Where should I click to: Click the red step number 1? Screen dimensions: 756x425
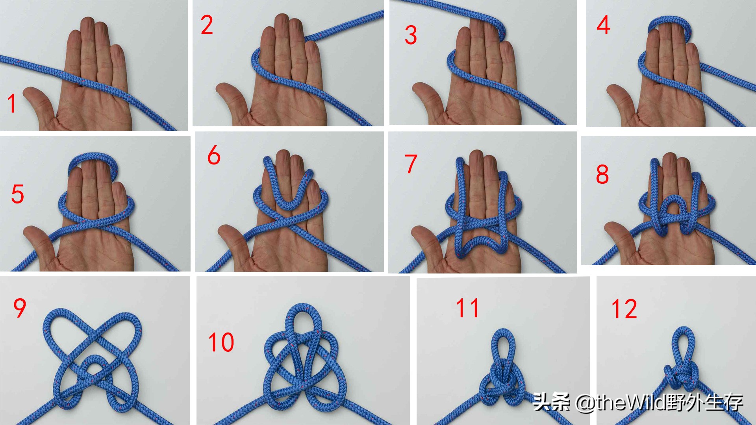point(12,103)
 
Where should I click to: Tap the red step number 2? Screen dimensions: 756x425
point(207,25)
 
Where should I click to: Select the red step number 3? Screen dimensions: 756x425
point(411,35)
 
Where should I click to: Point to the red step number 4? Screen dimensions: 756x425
point(604,25)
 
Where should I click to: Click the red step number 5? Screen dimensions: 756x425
point(18,194)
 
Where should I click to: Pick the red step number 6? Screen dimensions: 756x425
point(214,155)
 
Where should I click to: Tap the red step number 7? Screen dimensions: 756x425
point(411,164)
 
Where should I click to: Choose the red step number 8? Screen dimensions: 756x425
point(602,174)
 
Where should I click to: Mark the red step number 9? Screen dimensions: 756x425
point(20,308)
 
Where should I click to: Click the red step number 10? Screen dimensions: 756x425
point(221,342)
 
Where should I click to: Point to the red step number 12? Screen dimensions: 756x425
point(624,309)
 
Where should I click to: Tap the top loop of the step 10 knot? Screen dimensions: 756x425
point(304,311)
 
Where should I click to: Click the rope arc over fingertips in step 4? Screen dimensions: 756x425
point(669,20)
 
